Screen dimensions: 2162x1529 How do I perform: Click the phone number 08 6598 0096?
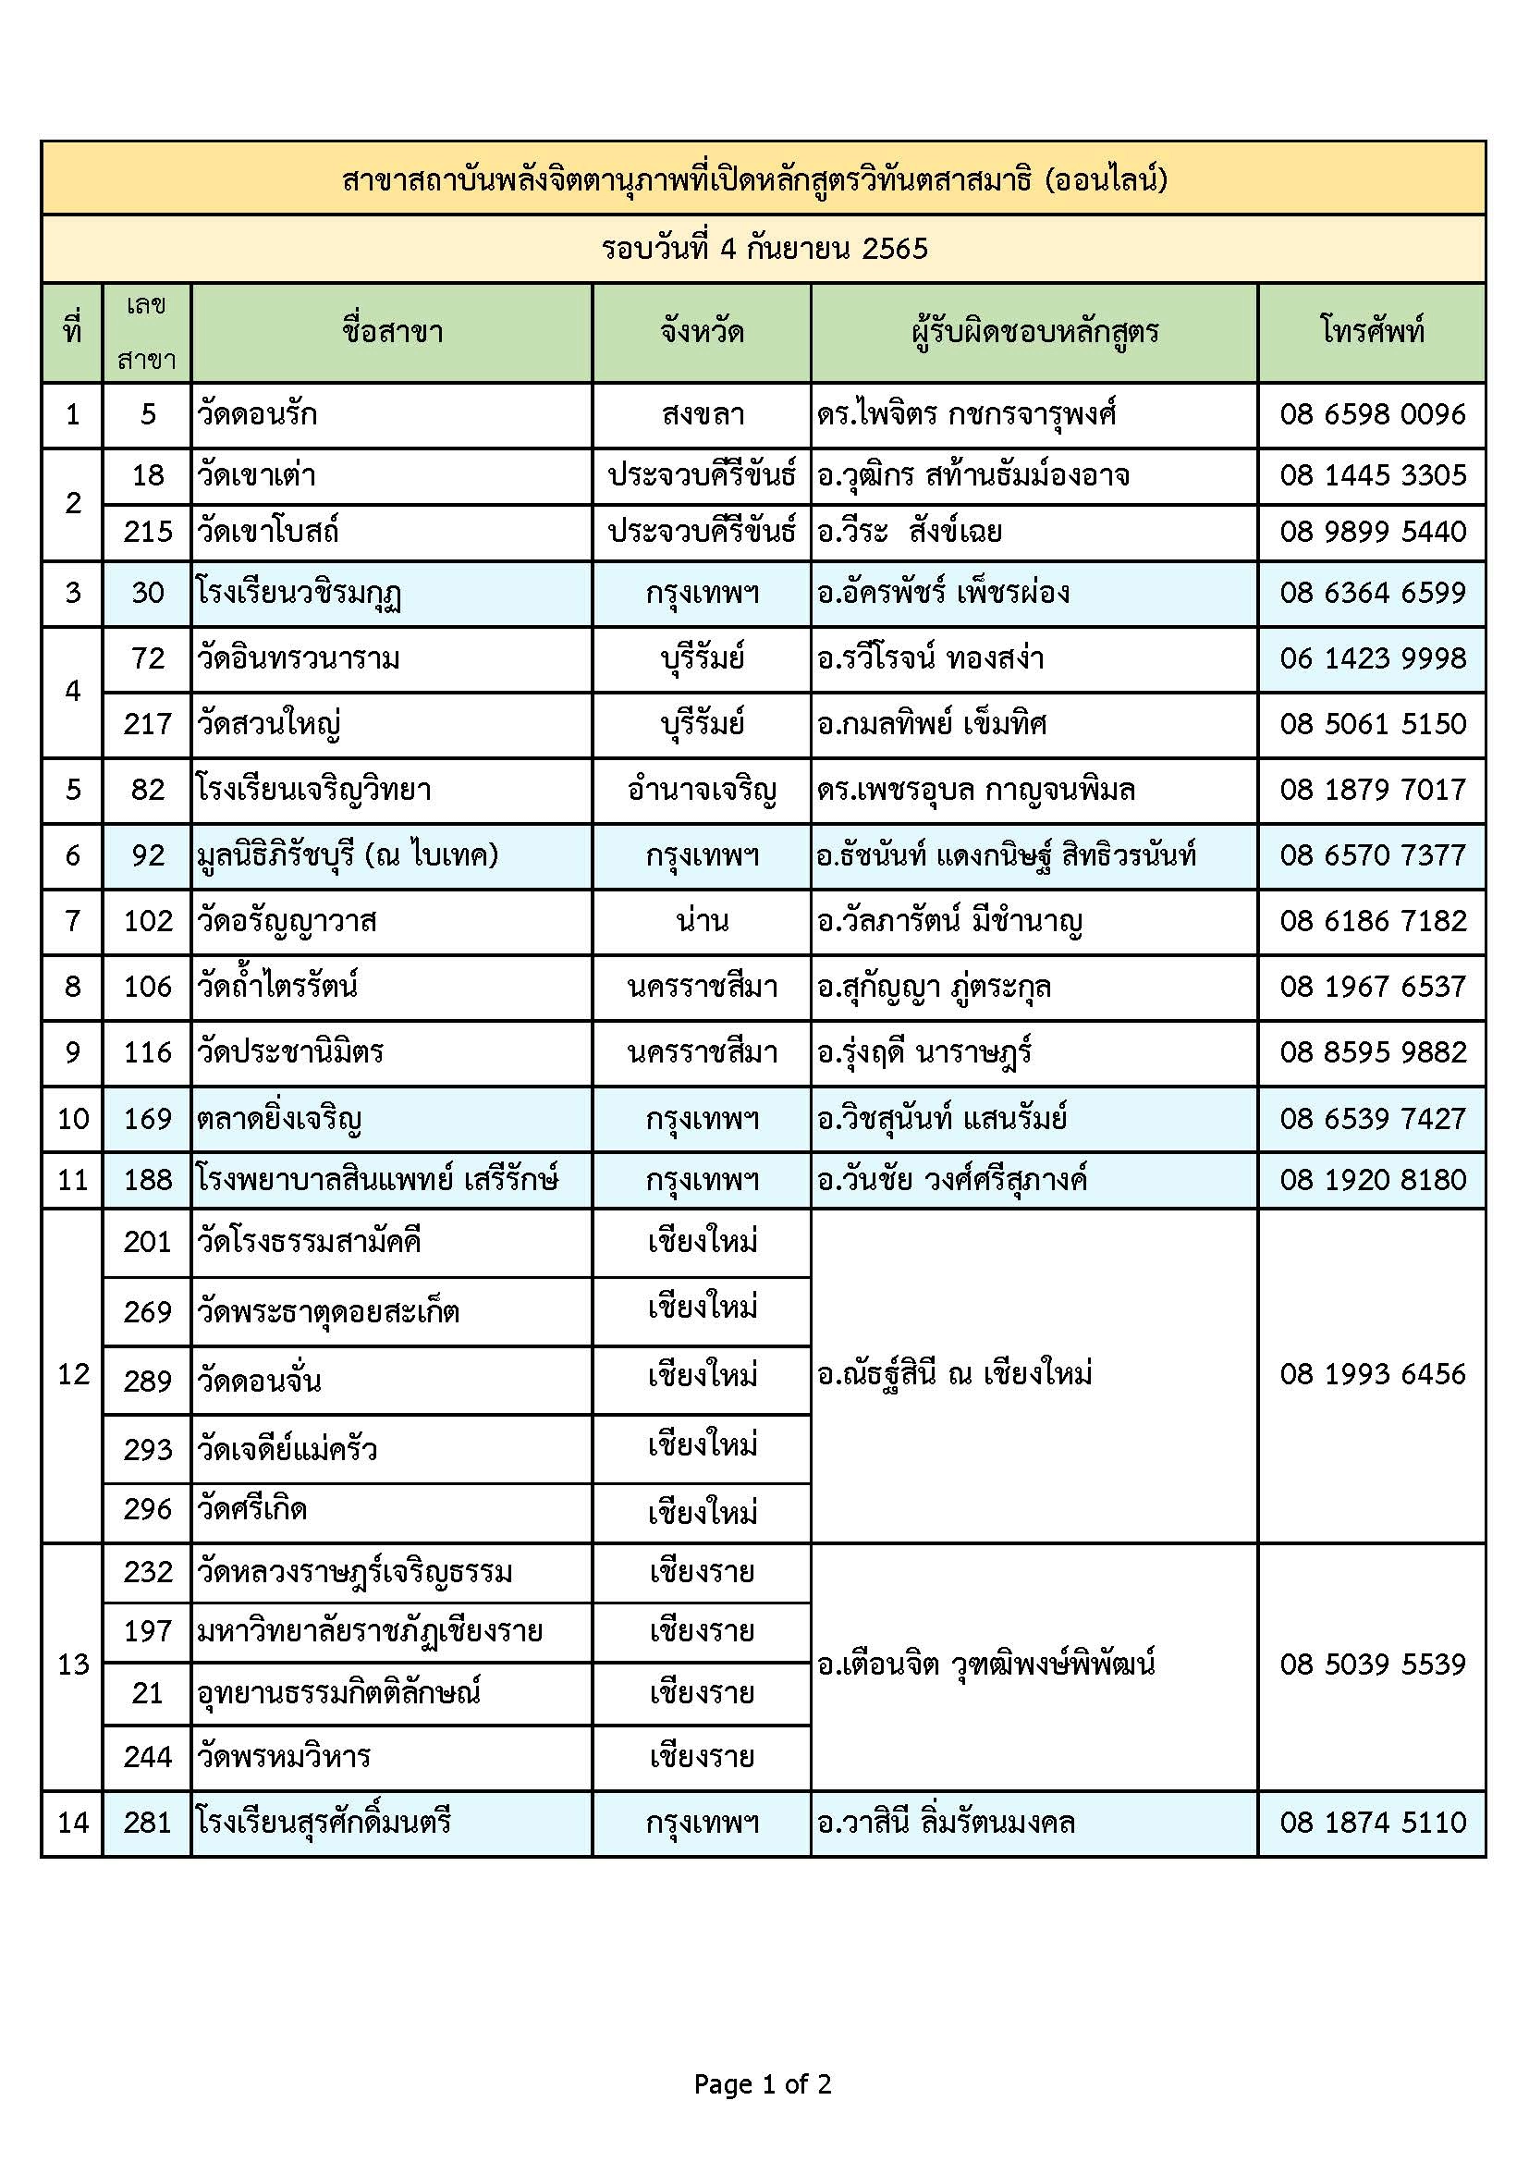coord(1372,414)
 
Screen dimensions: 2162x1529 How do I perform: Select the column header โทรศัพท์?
coord(1372,331)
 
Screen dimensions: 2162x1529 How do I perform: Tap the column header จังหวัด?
coord(702,331)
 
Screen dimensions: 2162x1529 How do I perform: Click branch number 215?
coord(148,532)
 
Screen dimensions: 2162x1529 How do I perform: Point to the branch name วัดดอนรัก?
coord(257,414)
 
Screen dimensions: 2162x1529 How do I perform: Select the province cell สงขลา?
coord(703,414)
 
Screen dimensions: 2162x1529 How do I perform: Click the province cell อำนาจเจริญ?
coord(703,789)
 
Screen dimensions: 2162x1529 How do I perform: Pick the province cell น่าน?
coord(703,920)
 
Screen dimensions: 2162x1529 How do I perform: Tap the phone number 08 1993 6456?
coord(1372,1374)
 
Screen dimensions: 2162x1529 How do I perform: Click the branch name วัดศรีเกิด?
coord(252,1508)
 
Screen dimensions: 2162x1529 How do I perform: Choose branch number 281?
coord(148,1822)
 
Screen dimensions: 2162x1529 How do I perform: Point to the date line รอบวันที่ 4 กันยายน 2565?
coord(764,249)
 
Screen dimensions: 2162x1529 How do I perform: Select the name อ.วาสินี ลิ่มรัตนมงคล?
coord(946,1822)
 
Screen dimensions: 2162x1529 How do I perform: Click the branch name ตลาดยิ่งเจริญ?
coord(279,1119)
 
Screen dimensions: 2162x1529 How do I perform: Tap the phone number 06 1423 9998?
coord(1372,657)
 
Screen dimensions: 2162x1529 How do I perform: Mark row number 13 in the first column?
coord(72,1664)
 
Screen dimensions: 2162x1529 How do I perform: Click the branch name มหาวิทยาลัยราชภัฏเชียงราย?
coord(370,1630)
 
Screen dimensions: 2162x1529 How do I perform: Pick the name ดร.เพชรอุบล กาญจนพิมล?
coord(975,789)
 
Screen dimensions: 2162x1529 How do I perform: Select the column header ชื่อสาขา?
coord(392,331)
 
